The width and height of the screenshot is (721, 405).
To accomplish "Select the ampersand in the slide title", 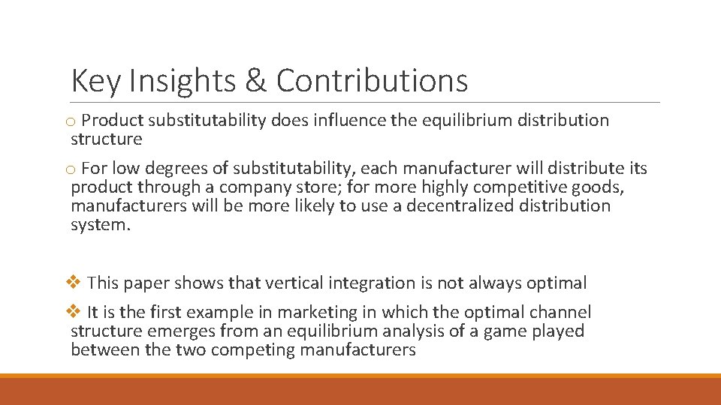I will pos(255,81).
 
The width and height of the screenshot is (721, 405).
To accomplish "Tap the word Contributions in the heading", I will pos(372,81).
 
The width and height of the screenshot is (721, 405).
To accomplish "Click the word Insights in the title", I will pos(182,81).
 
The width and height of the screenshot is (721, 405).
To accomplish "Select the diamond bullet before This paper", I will pos(74,283).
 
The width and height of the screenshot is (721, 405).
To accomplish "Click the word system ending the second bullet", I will pos(100,225).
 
